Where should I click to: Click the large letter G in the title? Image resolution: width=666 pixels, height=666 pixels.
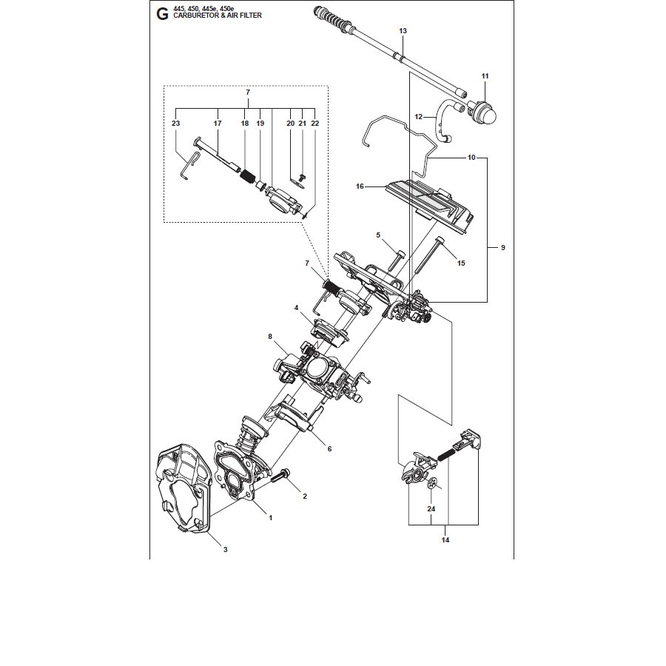point(162,14)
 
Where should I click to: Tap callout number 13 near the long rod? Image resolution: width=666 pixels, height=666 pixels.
point(403,30)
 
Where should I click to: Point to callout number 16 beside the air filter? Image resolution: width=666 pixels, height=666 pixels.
point(360,186)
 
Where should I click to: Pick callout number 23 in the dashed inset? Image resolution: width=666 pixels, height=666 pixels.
point(176,123)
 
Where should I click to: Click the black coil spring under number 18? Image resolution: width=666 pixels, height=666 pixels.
point(247,175)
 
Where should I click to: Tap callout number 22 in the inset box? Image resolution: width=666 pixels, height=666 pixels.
point(314,123)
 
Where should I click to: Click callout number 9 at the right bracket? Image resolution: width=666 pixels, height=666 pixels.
point(503,247)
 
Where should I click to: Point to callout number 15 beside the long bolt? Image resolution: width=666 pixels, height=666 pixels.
point(461,263)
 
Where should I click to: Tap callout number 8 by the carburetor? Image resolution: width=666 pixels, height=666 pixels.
point(270,337)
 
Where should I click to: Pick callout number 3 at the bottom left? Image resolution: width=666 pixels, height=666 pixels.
point(226,549)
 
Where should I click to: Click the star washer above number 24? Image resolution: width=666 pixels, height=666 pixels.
point(432,482)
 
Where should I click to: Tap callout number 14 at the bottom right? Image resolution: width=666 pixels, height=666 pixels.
point(445,540)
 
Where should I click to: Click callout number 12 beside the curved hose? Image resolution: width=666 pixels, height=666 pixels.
point(419,116)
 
